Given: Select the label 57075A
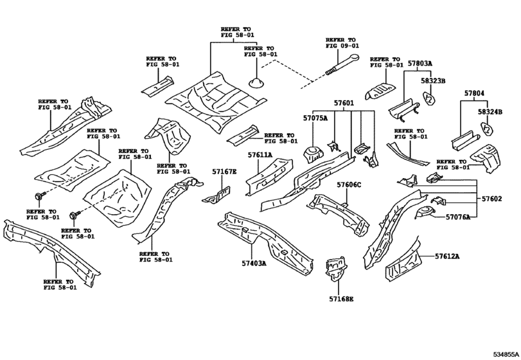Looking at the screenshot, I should pos(315,118).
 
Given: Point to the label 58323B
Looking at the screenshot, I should pos(434,82).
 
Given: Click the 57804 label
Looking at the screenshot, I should pos(473,94).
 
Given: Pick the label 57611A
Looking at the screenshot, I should pos(260,155).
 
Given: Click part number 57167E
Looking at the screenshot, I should pos(225,172).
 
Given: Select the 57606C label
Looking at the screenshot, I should pos(349,185).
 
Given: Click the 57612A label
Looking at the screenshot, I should pos(447,256).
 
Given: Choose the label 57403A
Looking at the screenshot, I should pos(255,263).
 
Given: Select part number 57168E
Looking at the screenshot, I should pos(341,299).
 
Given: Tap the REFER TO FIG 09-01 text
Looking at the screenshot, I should pos(340,43).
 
